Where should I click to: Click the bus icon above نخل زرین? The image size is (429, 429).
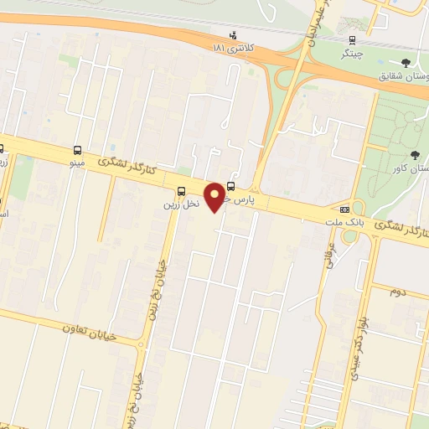coord(183,191)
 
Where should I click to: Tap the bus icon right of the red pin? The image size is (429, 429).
coord(231,188)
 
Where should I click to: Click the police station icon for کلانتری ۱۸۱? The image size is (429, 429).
coord(233,35)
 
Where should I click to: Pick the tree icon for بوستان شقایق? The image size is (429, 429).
coord(406,62)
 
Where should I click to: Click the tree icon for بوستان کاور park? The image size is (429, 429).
coord(416,153)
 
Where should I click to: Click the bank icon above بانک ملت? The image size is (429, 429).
coord(344,209)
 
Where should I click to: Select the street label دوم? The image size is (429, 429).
coord(399,292)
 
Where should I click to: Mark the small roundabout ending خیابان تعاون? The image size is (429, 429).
coord(142,344)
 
